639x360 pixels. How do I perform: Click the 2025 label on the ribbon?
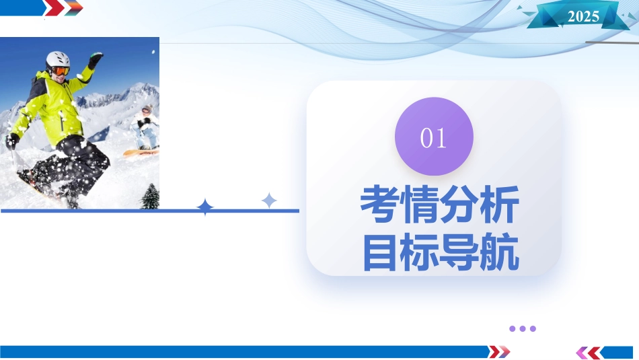[x=583, y=16]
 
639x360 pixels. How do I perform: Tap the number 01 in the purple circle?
[x=433, y=138]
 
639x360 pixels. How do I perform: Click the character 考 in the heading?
[x=380, y=204]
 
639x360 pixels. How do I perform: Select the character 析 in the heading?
[x=500, y=204]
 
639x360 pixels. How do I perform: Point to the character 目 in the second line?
[x=380, y=252]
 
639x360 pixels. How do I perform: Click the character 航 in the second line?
[x=500, y=252]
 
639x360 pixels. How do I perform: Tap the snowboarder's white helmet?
[x=57, y=59]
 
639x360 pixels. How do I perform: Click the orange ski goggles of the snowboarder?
[x=61, y=71]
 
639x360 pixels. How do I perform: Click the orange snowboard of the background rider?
[x=141, y=153]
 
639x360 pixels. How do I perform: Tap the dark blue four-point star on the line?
[x=205, y=207]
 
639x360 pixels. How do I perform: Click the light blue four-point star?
[x=269, y=201]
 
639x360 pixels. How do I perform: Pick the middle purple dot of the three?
[x=523, y=328]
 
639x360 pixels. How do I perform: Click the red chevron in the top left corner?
[x=54, y=8]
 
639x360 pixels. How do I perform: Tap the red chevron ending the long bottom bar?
[x=495, y=351]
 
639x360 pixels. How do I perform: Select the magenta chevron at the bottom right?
[x=582, y=353]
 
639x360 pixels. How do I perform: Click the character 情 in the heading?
[x=420, y=204]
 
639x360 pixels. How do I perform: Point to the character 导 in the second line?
[x=459, y=252]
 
